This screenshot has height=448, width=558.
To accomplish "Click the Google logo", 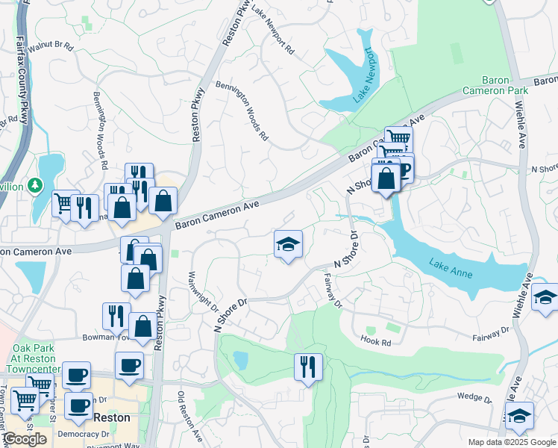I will point(24,438).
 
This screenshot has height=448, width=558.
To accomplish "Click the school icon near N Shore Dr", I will point(287,244).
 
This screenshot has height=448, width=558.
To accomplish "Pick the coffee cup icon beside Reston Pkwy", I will point(130,366).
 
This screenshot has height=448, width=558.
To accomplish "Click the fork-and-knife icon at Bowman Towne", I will point(116,316).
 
